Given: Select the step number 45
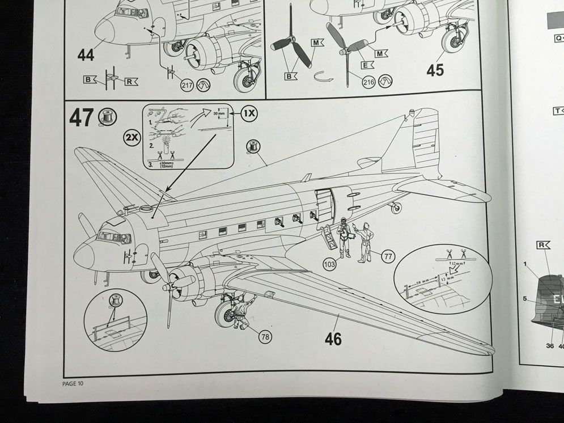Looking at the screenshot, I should (435, 70).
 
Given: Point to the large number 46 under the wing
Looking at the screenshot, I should (333, 339).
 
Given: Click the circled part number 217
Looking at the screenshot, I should (187, 85).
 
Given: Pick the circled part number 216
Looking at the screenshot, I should (368, 83).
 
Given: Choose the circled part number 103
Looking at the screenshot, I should (329, 264).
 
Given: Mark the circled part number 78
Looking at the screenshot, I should (265, 336).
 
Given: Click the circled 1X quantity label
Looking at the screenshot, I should (249, 113).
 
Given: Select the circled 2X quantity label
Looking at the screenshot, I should (132, 137).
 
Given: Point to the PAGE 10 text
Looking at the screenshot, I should (73, 383).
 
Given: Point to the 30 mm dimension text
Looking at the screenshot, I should (219, 113).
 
